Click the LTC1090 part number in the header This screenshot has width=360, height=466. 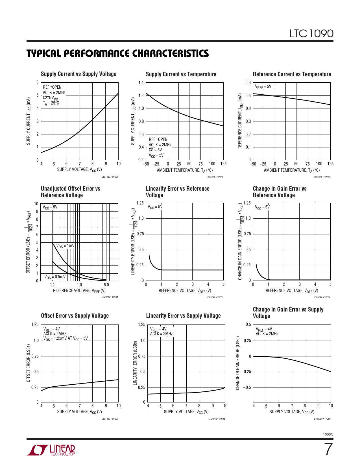pos(311,34)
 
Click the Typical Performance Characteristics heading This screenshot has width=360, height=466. pos(117,53)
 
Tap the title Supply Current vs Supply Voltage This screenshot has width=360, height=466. pos(78,74)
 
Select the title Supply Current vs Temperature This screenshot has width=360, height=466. pos(181,74)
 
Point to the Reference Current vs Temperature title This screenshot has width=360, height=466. pos(292,74)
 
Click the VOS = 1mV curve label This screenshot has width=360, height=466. pos(66,246)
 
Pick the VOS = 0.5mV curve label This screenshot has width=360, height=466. pos(55,277)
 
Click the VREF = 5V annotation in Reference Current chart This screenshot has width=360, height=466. pos(263,87)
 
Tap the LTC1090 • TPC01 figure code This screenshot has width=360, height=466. pos(110,177)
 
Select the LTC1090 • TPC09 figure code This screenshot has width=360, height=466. pos(322,419)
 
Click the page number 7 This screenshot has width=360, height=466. pos(328,449)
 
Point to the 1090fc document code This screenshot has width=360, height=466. pos(328,434)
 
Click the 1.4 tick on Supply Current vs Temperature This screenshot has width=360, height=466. pos(141,83)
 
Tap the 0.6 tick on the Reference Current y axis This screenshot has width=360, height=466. pos(248,83)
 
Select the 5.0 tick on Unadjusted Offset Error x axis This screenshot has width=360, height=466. pos(106,285)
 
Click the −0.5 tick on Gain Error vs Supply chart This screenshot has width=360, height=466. pos(247,387)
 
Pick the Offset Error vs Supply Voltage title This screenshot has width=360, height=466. pos(75,316)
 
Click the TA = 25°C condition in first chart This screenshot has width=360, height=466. pos(51,103)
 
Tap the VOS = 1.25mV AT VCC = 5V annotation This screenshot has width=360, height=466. pos(66,339)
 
